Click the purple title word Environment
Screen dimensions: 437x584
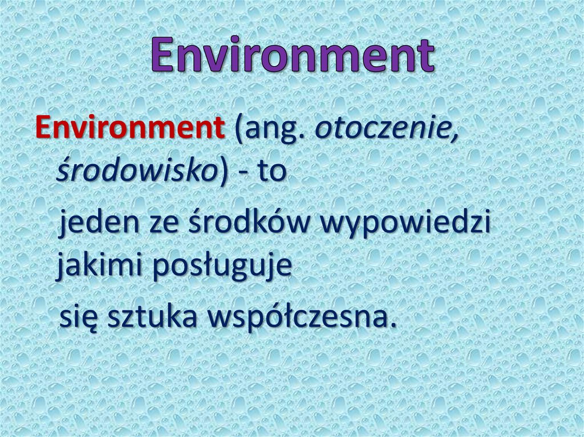click(x=293, y=56)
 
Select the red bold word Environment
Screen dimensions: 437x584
click(x=129, y=129)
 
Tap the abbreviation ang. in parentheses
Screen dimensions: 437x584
click(x=273, y=132)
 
